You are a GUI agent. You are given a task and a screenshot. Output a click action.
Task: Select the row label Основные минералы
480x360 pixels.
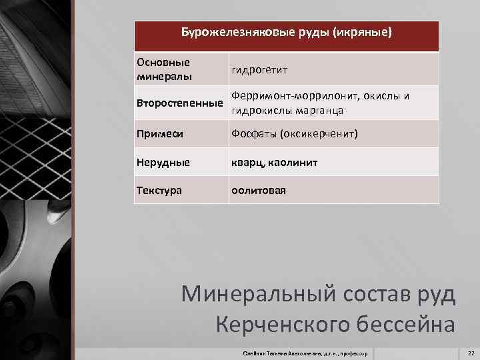coord(163,69)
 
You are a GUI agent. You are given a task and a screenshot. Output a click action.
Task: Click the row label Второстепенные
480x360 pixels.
coord(179,103)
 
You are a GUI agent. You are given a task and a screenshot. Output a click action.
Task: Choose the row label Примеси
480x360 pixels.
coord(160,134)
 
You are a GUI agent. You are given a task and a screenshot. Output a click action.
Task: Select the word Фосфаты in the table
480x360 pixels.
coord(253,134)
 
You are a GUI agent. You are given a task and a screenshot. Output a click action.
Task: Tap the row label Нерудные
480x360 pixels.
coord(163,162)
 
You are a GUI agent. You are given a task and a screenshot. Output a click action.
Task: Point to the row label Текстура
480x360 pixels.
coord(159,191)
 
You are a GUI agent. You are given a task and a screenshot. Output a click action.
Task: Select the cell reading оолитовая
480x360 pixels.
coord(259,191)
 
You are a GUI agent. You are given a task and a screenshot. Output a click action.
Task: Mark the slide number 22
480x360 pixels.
coord(471,352)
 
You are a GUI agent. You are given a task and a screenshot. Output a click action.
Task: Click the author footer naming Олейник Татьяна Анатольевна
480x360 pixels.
coord(307,352)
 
